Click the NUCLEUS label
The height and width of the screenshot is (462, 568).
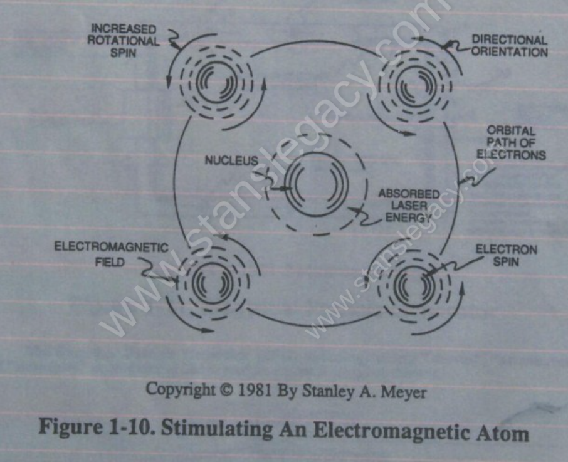pos(231,160)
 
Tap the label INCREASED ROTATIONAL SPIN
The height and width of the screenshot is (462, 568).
pos(123,41)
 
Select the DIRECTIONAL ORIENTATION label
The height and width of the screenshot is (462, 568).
pos(509,46)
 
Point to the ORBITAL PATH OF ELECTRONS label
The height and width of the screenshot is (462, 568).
pos(511,143)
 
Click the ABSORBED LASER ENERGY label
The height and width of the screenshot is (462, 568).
pos(409,206)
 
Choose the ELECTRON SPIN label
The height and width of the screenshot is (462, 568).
pos(506,255)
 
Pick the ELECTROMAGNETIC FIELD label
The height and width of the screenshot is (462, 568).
pos(111,254)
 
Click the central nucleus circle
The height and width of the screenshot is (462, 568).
pos(316,184)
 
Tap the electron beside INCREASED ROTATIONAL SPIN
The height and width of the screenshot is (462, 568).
pos(217,83)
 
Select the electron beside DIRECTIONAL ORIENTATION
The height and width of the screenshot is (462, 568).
pos(415,87)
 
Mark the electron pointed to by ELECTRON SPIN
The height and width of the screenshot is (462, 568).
pos(414,286)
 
